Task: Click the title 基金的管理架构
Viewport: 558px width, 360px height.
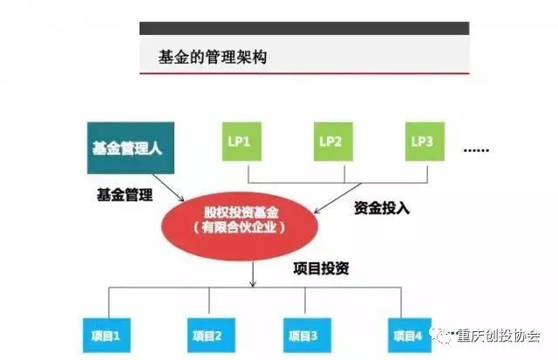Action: click(x=213, y=57)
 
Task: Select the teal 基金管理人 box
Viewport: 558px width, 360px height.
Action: click(x=131, y=148)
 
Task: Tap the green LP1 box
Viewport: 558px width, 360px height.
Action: click(x=242, y=141)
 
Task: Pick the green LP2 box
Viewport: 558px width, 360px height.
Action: click(x=333, y=141)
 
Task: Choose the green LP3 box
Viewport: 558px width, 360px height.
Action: click(x=425, y=141)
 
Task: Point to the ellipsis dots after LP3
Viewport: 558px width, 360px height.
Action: click(x=476, y=151)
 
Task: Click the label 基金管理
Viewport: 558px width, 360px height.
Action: click(x=125, y=195)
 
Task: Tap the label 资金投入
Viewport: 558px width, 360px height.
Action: click(x=382, y=208)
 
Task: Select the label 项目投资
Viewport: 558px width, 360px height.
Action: click(x=321, y=268)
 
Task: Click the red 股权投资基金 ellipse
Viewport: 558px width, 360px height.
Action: click(x=240, y=226)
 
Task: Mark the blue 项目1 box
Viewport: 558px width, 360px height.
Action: click(x=106, y=336)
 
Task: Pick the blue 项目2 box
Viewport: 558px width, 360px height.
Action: click(x=211, y=336)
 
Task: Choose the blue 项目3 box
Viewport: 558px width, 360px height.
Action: click(x=307, y=336)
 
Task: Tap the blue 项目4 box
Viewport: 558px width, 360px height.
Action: click(x=410, y=336)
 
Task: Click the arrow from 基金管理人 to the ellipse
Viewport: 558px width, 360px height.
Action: click(x=168, y=187)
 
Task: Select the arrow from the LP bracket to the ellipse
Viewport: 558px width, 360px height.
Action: click(x=337, y=198)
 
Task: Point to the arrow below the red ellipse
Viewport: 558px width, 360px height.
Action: click(x=253, y=275)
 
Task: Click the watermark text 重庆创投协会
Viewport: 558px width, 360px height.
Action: click(x=498, y=336)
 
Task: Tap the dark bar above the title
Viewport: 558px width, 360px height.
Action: click(x=304, y=28)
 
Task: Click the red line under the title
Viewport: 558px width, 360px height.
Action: click(x=304, y=73)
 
